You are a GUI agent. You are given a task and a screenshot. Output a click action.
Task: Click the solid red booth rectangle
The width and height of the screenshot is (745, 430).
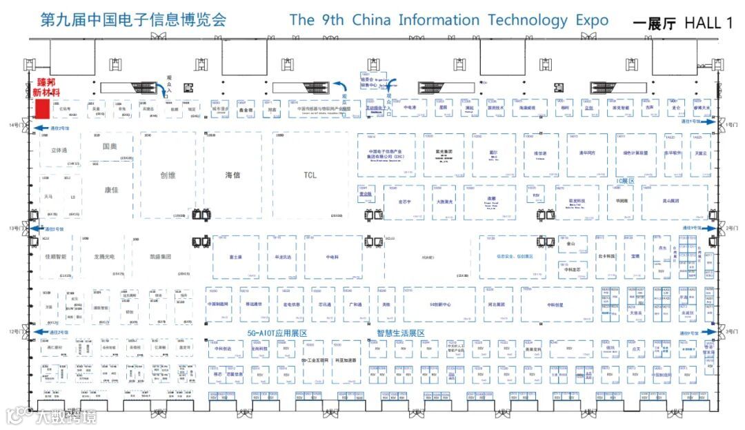tap(41, 109)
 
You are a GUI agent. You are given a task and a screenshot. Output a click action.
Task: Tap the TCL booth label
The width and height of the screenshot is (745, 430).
tap(310, 175)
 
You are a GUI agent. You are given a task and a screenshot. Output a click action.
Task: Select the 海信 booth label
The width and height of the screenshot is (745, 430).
tap(232, 175)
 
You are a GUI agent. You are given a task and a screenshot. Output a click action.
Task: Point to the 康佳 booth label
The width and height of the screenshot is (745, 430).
tap(111, 190)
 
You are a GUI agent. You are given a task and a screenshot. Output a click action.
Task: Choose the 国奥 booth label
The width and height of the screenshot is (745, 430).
tap(110, 146)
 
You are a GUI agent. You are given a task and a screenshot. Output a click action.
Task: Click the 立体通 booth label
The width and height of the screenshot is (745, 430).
tap(59, 150)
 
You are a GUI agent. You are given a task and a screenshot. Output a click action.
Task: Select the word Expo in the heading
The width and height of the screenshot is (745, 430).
tap(593, 20)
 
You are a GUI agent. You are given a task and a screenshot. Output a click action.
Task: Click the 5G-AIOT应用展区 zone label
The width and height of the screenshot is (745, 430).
tap(277, 333)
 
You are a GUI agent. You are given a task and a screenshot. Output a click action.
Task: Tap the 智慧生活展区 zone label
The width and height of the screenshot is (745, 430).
tap(400, 333)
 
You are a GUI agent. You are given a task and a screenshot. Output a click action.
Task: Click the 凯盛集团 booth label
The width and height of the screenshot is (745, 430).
tap(159, 256)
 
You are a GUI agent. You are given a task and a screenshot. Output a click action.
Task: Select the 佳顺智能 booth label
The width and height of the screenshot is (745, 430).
tap(56, 256)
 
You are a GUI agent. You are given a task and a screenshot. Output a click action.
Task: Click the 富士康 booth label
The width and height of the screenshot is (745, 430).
tap(235, 257)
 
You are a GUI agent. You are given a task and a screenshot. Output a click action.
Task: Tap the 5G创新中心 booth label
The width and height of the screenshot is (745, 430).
tap(439, 304)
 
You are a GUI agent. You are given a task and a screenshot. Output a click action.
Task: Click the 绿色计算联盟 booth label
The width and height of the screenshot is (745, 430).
tap(635, 153)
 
